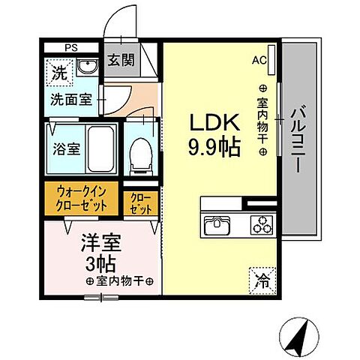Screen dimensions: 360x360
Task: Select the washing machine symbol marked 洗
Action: pos(58,73)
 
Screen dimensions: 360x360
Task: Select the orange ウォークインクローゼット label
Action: pos(80,198)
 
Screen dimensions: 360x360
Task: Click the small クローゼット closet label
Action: pos(140,202)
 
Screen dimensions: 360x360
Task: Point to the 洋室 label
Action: pos(101,245)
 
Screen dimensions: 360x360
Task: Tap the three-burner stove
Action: pos(262,225)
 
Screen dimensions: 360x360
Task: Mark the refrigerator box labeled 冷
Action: pos(262,281)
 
